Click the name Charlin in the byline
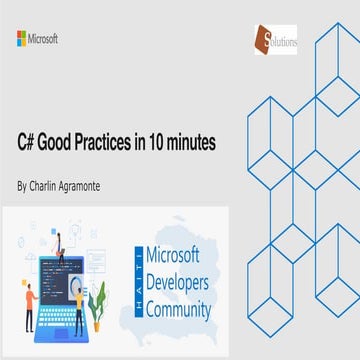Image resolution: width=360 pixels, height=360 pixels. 50,186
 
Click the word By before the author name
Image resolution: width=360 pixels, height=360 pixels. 24,186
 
